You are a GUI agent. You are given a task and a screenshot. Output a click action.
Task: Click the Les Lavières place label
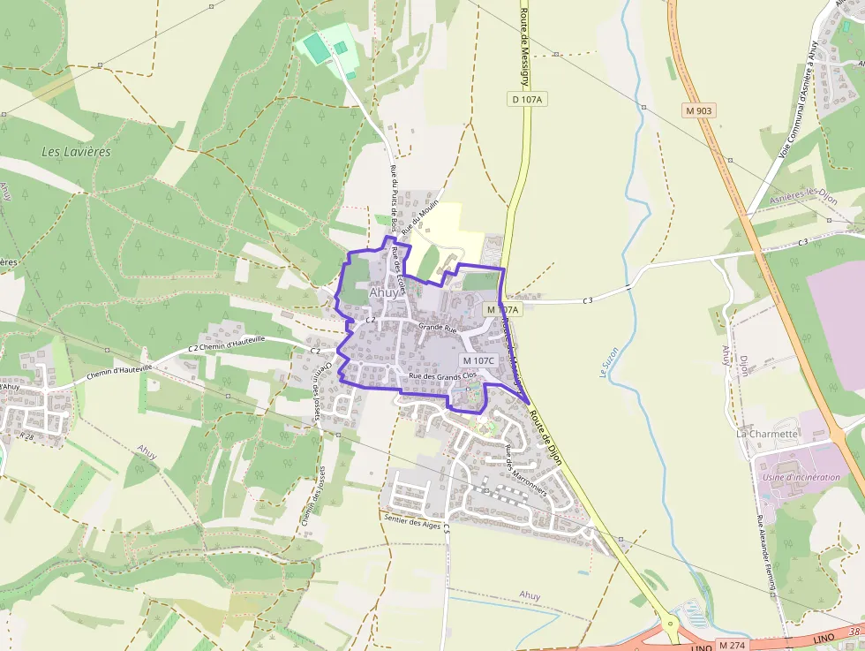[77, 152]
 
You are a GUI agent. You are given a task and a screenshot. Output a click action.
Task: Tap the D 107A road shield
[526, 100]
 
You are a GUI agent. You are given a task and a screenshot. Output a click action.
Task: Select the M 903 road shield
[698, 110]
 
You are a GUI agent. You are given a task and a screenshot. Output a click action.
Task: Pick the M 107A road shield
[502, 310]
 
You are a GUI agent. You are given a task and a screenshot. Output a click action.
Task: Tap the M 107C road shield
[478, 360]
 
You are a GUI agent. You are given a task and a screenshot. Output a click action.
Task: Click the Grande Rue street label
[437, 327]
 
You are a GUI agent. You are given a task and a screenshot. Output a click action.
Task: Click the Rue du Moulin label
[420, 217]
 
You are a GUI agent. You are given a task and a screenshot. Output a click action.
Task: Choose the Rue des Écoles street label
[398, 270]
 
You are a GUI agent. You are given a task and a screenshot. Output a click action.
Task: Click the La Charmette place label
[767, 434]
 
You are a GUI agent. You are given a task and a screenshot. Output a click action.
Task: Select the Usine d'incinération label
[801, 477]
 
